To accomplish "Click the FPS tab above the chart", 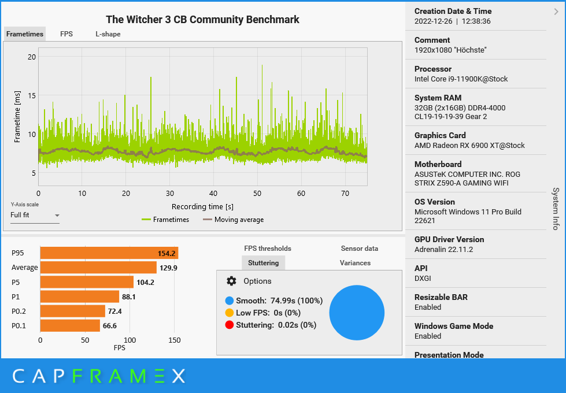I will click(66, 34).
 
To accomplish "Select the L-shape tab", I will click(108, 34).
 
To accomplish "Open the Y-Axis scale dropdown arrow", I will click(57, 216).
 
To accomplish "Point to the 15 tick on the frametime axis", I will click(32, 95).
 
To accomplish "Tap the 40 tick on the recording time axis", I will click(213, 193).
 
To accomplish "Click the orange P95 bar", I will click(109, 253).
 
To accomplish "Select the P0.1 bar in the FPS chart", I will click(69, 325).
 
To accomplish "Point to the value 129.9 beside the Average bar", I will click(168, 268).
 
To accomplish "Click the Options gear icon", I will click(231, 281).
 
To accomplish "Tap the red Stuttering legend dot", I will click(230, 325).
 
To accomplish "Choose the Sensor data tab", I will click(359, 249).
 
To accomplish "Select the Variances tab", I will click(355, 263).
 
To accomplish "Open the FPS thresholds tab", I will click(268, 249).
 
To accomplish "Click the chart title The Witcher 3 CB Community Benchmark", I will click(202, 20).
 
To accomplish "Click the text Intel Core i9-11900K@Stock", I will click(461, 79).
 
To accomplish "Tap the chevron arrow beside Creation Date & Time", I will click(556, 11).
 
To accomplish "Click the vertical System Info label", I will click(556, 209).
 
